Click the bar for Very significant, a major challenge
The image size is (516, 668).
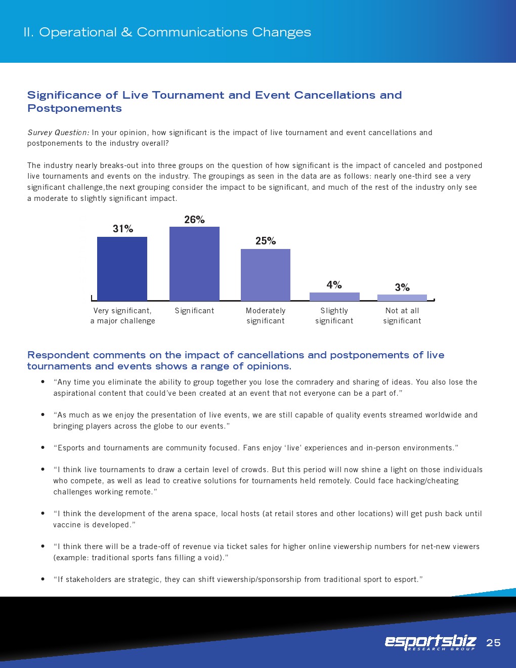[x=122, y=269]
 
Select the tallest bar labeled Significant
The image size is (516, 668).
[x=194, y=264]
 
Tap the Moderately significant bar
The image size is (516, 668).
[x=266, y=275]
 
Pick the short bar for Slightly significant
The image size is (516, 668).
[x=334, y=297]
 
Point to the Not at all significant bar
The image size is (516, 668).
[x=402, y=298]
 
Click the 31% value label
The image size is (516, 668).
[x=123, y=229]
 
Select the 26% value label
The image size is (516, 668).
[x=194, y=220]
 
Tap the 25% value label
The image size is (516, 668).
[x=266, y=241]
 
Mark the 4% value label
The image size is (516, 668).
[x=334, y=285]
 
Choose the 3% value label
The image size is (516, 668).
[x=402, y=287]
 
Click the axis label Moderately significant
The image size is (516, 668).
[x=266, y=316]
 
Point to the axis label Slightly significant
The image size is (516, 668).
[x=334, y=316]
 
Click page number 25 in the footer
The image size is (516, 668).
[x=493, y=643]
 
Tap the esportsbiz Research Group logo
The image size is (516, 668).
[x=431, y=643]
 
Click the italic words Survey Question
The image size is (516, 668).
[x=58, y=133]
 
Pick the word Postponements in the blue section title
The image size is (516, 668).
[x=74, y=108]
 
